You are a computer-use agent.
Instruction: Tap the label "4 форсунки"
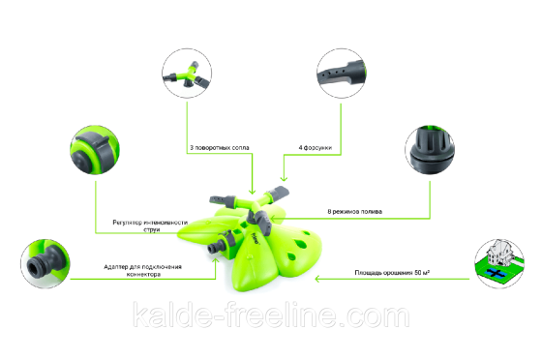click(316, 149)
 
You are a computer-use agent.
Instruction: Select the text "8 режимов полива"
click(362, 209)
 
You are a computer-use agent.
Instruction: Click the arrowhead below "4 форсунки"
click(282, 180)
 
